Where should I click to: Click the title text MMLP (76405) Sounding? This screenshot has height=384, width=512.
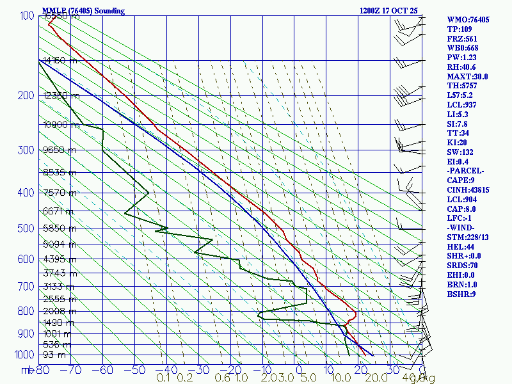click(x=83, y=11)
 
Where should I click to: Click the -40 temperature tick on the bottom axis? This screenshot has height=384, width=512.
click(x=168, y=370)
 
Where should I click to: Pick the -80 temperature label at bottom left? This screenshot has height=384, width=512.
click(x=42, y=370)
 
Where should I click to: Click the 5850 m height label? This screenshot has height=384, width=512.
click(x=58, y=228)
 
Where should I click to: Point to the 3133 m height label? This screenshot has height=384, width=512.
click(x=58, y=286)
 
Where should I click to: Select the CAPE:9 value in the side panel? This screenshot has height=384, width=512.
click(x=461, y=180)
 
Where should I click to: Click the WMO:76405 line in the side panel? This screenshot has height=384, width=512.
click(x=468, y=20)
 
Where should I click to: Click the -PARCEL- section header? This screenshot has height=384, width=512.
click(x=465, y=171)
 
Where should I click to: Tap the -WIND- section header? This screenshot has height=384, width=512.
click(x=462, y=228)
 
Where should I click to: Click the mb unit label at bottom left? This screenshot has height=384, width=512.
click(x=27, y=370)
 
